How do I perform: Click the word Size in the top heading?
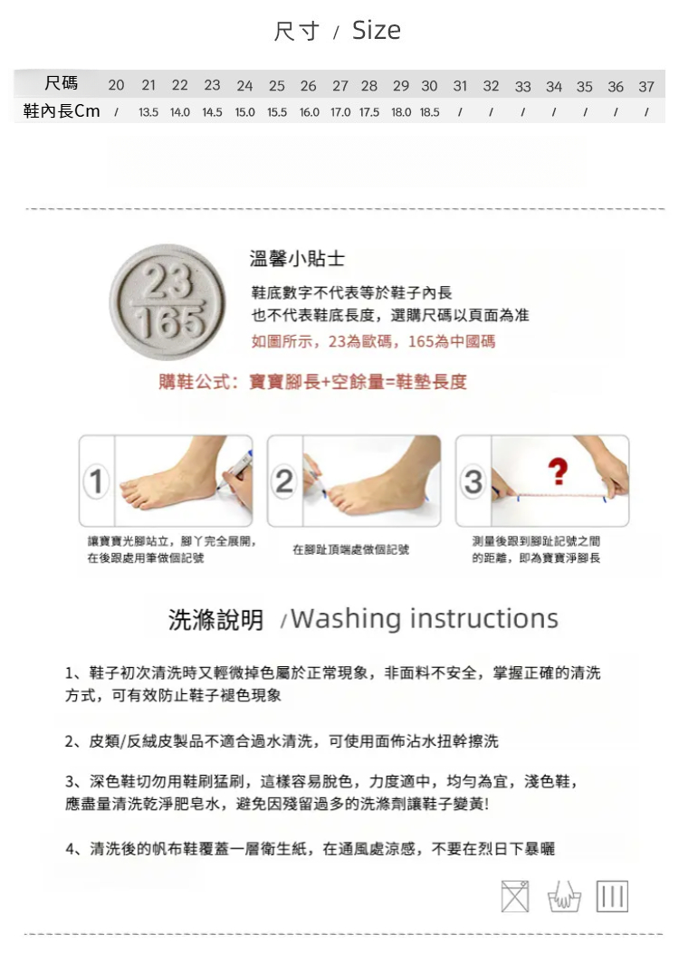point(376,30)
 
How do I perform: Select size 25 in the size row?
point(276,85)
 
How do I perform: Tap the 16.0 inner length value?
point(309,112)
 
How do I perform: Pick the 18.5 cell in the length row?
point(429,112)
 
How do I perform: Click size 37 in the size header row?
point(646,87)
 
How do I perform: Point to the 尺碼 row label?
point(61,83)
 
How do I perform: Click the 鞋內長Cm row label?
point(62,110)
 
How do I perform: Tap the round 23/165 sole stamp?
point(167,301)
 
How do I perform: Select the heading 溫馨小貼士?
point(297,259)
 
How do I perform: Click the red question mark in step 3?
point(558,472)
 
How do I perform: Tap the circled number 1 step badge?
point(97,481)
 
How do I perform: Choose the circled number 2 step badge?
point(284,481)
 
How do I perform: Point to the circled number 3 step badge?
point(473,481)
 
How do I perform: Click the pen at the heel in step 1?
point(234,471)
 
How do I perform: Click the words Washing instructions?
point(425,618)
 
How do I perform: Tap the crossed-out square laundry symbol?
point(515,896)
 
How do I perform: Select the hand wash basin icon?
point(564,897)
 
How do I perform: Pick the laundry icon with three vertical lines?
point(612,896)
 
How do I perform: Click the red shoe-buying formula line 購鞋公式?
point(312,382)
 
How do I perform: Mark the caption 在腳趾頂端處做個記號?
point(351,549)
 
